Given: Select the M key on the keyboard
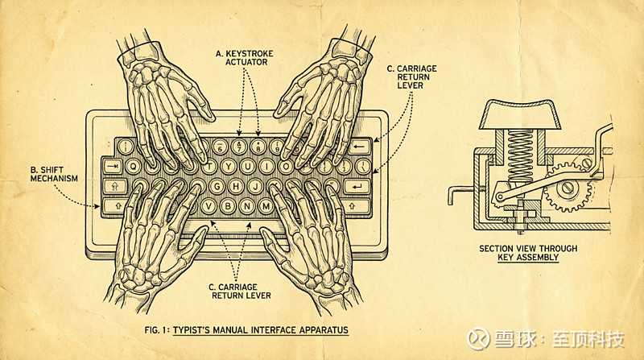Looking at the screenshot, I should pos(266,205).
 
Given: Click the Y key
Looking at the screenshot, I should pos(229,167).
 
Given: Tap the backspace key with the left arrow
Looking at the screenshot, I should pos(361,147).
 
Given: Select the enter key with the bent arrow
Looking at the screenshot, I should pos(355,186).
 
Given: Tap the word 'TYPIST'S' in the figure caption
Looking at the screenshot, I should pos(200,330).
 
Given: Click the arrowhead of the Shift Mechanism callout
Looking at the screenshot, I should pos(100,206).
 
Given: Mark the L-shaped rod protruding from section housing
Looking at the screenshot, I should pos(456,193).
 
